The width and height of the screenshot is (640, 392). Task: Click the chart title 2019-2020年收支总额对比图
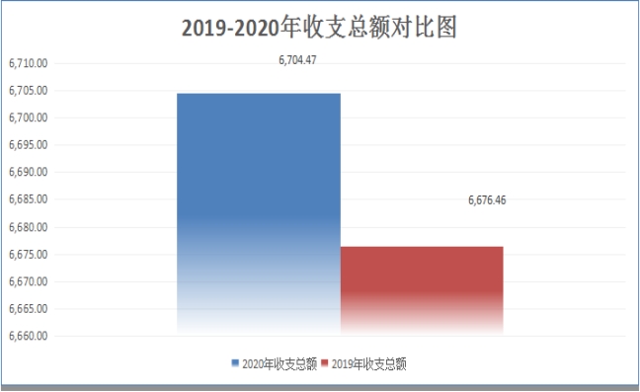[319, 28]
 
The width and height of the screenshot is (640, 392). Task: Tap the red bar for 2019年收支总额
[422, 291]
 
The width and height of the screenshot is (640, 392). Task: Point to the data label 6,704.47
[297, 60]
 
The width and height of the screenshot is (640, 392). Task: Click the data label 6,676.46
[487, 200]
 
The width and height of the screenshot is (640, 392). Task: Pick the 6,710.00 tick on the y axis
[29, 63]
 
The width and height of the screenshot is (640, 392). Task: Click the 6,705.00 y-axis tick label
[29, 91]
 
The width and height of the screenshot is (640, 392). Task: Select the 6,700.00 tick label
[29, 118]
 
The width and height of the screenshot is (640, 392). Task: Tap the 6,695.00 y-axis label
[29, 145]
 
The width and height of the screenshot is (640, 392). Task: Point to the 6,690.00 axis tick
[29, 172]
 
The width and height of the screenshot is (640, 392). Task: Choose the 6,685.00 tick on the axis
[29, 199]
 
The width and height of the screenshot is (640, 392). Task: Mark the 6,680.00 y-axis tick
[29, 227]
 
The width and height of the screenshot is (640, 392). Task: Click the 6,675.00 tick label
[29, 255]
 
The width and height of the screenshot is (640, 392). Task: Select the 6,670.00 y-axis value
[29, 281]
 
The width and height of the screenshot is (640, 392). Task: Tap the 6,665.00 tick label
[29, 309]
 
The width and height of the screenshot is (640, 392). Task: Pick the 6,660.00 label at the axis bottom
[29, 336]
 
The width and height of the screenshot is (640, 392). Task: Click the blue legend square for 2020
[235, 363]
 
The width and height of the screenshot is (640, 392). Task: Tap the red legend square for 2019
[325, 363]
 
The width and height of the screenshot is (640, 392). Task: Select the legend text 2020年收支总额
[280, 363]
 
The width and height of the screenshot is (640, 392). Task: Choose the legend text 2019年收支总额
[369, 363]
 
